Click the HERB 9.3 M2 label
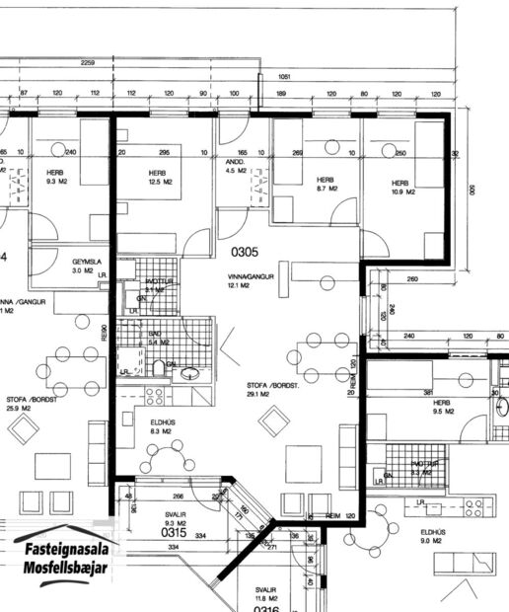54,177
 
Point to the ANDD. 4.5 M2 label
235,166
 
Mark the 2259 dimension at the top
87,63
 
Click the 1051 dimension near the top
285,76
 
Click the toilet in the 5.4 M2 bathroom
159,369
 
